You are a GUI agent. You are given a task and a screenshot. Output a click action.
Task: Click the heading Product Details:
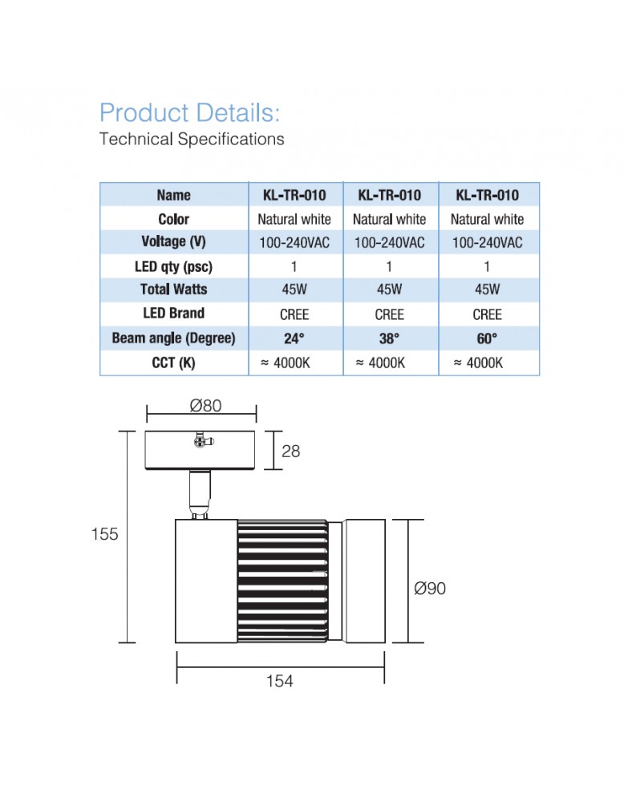(189, 112)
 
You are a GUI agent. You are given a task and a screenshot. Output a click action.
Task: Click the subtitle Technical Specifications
(192, 139)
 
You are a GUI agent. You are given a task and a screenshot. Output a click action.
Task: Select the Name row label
(173, 195)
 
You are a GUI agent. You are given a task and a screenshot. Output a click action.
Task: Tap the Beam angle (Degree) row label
(173, 338)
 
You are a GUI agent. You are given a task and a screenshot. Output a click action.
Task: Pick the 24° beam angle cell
(294, 338)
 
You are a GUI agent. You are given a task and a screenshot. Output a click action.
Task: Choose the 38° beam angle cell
(389, 338)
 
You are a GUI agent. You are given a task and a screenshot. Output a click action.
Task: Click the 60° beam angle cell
(487, 338)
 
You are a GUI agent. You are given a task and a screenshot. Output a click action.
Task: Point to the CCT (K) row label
(173, 363)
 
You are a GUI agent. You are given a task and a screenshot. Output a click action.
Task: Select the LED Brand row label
(173, 314)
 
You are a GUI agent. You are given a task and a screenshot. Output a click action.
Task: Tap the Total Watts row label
(173, 290)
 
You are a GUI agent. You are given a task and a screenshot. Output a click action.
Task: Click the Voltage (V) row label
(173, 241)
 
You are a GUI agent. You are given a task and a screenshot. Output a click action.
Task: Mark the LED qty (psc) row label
(173, 266)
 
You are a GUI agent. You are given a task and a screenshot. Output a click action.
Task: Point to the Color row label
(173, 219)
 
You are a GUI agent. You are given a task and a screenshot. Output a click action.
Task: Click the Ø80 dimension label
(205, 406)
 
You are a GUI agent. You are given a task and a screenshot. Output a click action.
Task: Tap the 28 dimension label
(290, 451)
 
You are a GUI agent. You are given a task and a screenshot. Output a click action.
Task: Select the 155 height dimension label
(104, 534)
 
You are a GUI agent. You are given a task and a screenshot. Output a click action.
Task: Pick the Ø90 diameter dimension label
(430, 589)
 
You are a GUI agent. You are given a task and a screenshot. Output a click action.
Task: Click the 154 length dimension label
(279, 681)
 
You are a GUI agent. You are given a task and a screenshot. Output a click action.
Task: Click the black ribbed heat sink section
(282, 581)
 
